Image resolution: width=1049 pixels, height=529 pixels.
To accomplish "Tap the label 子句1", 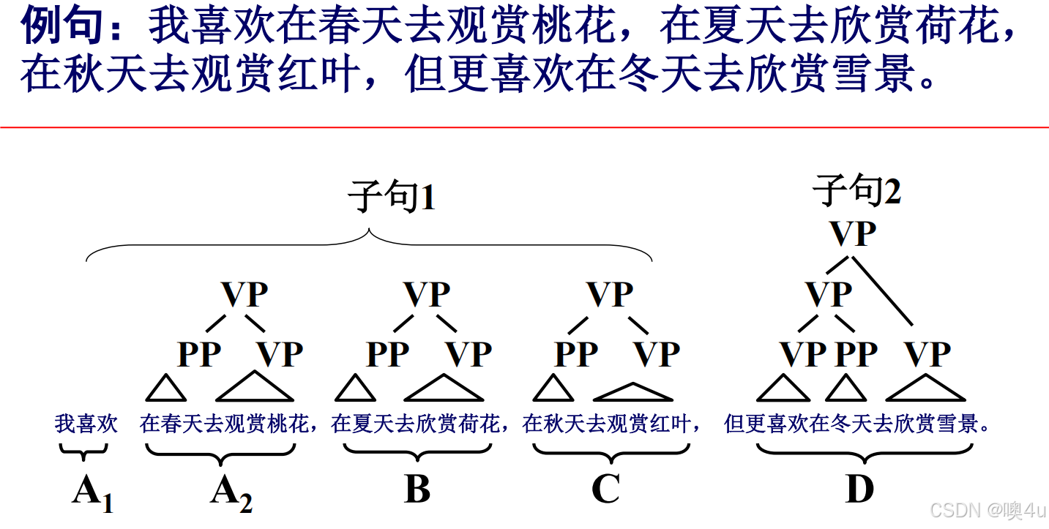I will (392, 198).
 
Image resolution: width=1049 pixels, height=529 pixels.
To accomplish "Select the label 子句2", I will (856, 192).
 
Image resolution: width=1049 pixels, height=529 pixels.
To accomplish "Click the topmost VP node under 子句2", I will (853, 234).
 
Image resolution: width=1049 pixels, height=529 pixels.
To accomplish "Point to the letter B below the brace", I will (417, 489).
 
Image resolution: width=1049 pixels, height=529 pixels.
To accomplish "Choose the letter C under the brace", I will (605, 489).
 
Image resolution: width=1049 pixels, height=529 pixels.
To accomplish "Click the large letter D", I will (859, 489).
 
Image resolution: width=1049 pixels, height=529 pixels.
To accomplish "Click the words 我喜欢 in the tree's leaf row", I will (86, 424).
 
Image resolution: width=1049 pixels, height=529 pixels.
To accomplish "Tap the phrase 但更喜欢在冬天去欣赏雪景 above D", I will (856, 424).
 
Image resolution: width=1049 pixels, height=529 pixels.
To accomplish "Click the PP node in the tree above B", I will (387, 355).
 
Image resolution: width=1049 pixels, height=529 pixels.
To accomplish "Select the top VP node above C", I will (611, 295).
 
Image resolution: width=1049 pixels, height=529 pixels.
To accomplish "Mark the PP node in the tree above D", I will (856, 355).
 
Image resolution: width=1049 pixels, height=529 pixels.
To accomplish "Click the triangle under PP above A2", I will (166, 389).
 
